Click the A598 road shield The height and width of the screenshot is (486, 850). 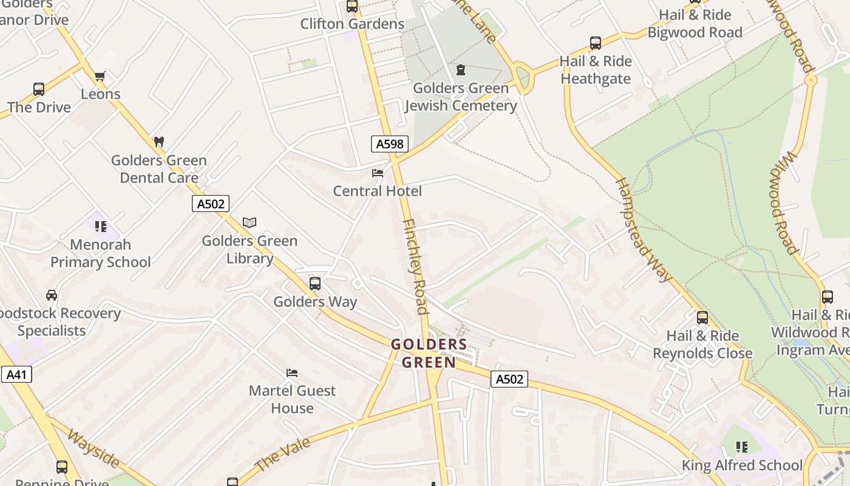[x=389, y=144]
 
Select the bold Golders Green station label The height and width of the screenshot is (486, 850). [x=429, y=354]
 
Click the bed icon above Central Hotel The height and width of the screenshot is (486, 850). [x=378, y=173]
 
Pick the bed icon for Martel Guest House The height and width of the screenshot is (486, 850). [x=292, y=372]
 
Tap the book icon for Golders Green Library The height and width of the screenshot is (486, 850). [x=250, y=222]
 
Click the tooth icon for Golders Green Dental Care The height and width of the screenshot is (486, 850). [x=159, y=142]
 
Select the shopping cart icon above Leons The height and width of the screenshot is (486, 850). [x=100, y=76]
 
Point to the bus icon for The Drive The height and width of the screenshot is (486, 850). [x=39, y=89]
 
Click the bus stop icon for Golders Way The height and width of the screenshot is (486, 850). [x=315, y=284]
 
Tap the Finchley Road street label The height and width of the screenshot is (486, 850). [x=416, y=267]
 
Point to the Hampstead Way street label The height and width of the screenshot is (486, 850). [x=645, y=230]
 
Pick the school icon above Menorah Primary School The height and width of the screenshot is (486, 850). [x=101, y=227]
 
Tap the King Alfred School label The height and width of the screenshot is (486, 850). [x=742, y=465]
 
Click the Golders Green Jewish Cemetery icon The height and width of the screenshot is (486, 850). [x=461, y=70]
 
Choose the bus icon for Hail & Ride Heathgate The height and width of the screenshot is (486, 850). [x=596, y=43]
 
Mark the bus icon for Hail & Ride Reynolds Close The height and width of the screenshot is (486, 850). [x=702, y=317]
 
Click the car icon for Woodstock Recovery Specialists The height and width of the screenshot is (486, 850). [x=52, y=295]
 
